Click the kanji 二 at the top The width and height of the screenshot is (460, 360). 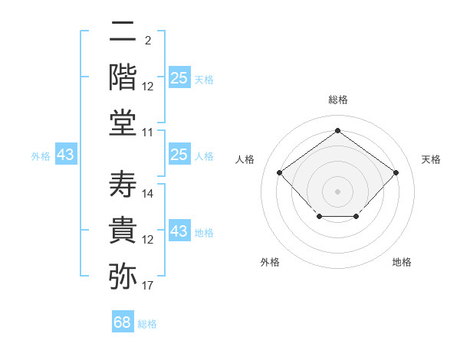(x=123, y=31)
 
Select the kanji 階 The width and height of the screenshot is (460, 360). (x=123, y=77)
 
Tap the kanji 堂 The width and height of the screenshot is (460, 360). (x=123, y=123)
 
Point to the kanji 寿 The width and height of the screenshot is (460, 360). (x=123, y=184)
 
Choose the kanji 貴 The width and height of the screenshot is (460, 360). (x=123, y=230)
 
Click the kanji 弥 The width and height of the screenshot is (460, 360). (x=123, y=276)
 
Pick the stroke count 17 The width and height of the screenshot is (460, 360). (x=147, y=286)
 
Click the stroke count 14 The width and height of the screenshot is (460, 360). (x=147, y=194)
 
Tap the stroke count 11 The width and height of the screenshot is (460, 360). (x=147, y=133)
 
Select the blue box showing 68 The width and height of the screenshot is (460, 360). (x=123, y=321)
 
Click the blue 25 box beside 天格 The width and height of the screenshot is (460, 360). (x=179, y=77)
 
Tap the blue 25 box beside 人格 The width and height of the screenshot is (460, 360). (x=179, y=154)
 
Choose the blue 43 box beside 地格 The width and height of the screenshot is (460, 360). (x=179, y=230)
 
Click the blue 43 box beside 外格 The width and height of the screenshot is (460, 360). (x=66, y=154)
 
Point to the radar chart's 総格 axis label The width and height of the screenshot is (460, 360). (x=338, y=100)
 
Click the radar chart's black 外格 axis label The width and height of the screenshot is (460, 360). (x=270, y=262)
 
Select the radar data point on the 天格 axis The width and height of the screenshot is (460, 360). (x=396, y=172)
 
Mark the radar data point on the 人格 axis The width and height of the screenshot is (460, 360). (x=280, y=172)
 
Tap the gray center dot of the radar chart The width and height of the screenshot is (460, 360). (x=337, y=191)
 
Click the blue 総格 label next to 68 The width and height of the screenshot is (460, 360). (x=147, y=324)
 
